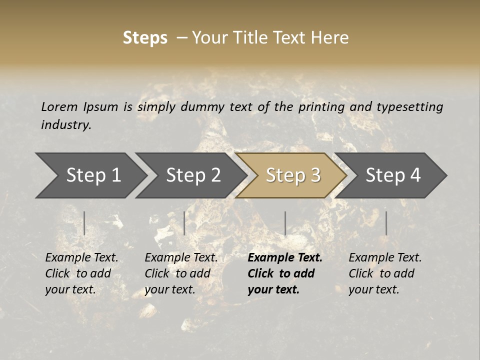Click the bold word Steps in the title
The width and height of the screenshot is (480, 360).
point(145,38)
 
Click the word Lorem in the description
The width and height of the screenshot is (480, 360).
point(59,106)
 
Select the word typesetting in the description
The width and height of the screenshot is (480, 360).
point(410,106)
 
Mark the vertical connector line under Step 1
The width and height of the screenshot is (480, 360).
point(84,223)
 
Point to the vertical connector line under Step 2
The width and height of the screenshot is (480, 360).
point(184,223)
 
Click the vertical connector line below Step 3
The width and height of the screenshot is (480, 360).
point(285,223)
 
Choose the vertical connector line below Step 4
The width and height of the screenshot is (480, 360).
point(386,223)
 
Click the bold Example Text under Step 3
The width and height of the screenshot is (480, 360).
point(285,258)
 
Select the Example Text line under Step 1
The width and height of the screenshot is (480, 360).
point(81,258)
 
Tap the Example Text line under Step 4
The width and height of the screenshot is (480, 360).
point(385,258)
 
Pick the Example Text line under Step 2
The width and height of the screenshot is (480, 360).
point(181,258)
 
